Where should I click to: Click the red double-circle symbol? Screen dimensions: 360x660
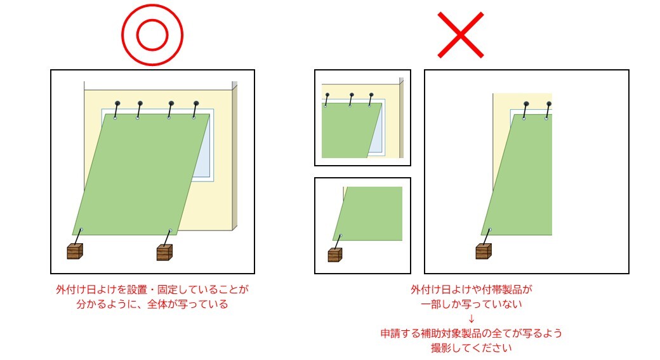[152, 35]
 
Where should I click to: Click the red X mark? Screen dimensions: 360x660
[461, 35]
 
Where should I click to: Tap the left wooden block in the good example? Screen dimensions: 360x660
[76, 251]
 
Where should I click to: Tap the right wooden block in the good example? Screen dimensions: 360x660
[165, 253]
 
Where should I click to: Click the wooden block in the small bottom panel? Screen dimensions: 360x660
[334, 255]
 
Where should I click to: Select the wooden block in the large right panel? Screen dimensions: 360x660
[484, 251]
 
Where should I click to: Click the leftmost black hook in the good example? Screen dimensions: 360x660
[117, 103]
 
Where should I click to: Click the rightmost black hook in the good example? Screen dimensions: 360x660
[196, 103]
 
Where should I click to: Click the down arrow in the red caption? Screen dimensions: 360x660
[471, 318]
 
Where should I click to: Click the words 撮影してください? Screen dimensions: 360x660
[471, 348]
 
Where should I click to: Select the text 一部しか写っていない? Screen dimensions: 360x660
[471, 304]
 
